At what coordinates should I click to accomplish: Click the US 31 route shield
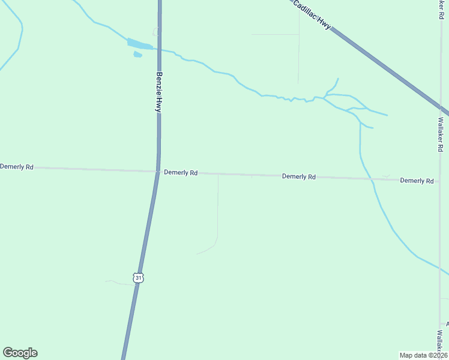click(139, 278)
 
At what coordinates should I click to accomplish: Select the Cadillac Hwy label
click(312, 13)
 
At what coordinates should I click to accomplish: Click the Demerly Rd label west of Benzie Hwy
click(17, 167)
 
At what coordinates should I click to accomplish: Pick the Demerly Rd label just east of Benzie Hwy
click(181, 173)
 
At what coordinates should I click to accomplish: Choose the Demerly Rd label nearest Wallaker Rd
click(417, 181)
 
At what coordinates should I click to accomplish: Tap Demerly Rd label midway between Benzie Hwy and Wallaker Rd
click(299, 176)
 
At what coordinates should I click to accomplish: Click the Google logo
click(20, 353)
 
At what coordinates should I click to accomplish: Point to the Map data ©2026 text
click(423, 355)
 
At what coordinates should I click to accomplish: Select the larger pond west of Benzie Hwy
click(139, 44)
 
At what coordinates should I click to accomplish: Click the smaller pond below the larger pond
click(137, 55)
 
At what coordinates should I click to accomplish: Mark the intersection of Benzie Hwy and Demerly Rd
click(157, 172)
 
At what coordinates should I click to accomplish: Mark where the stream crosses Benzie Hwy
click(159, 49)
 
